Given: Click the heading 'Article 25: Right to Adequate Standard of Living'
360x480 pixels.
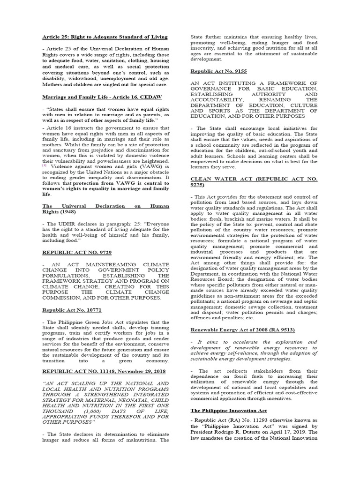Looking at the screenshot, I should click(x=105, y=37).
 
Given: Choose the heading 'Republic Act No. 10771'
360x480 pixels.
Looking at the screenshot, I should click(x=72, y=310).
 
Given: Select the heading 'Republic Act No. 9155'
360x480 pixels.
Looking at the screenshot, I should click(x=219, y=71).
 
